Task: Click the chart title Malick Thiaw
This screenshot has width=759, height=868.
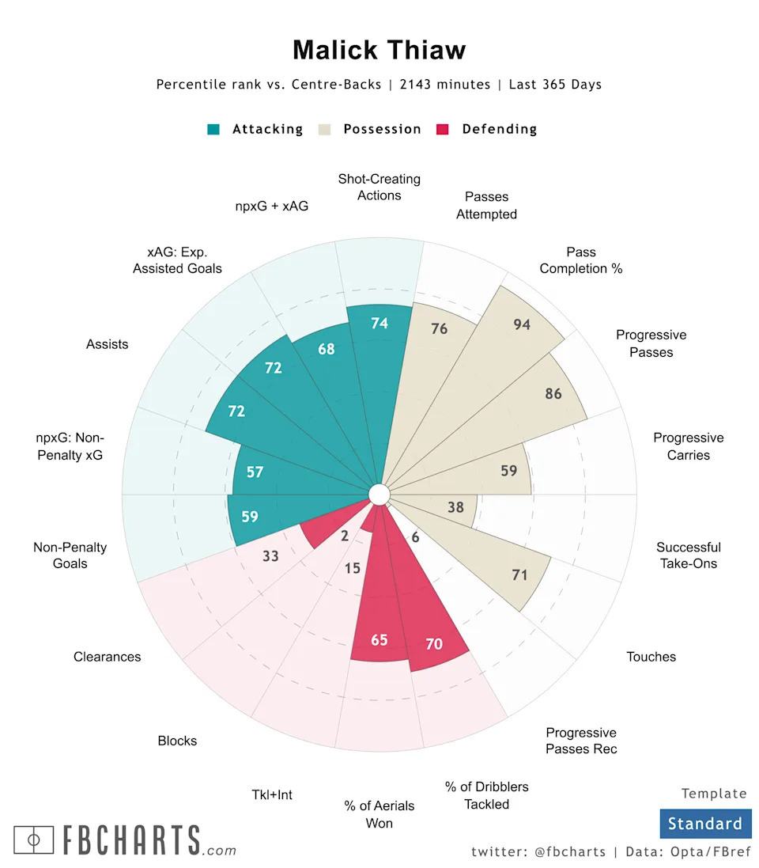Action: (379, 50)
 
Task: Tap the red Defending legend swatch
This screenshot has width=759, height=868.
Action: (443, 129)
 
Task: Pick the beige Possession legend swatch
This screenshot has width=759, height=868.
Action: (324, 129)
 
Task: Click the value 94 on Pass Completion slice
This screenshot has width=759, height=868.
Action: (522, 324)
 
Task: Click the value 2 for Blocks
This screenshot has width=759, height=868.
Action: (344, 536)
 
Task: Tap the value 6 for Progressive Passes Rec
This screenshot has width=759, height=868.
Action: (415, 537)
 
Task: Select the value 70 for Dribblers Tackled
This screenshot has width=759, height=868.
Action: (434, 644)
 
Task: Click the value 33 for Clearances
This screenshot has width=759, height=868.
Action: (270, 556)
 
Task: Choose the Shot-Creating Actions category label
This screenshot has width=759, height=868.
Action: (379, 188)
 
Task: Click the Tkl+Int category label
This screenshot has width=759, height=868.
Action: (272, 794)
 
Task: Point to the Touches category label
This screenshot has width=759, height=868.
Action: (651, 657)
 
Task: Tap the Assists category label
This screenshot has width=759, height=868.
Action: (108, 345)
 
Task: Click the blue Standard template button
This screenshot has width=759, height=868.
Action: (704, 824)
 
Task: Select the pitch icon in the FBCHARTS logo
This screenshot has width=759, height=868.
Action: (33, 840)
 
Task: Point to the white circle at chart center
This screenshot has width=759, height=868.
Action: (379, 495)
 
